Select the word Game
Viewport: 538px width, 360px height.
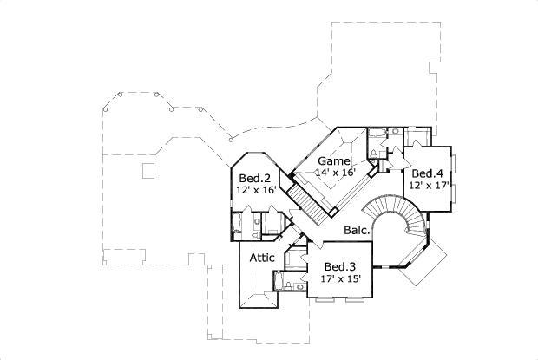click(x=333, y=161)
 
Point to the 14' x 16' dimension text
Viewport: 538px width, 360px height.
click(x=334, y=172)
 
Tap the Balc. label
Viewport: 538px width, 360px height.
click(x=358, y=231)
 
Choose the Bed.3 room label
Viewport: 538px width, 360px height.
click(x=339, y=266)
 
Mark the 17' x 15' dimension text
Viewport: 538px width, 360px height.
click(x=339, y=278)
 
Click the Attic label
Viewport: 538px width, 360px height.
click(x=262, y=258)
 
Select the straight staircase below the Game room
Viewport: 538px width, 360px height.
click(x=304, y=200)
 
